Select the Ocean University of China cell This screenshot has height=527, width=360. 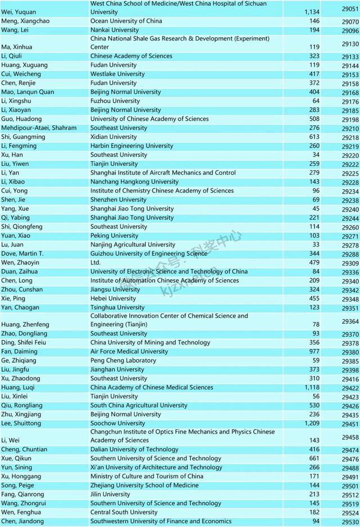pyautogui.click(x=126, y=21)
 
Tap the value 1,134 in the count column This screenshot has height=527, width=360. pyautogui.click(x=310, y=12)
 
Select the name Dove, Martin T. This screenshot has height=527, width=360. pyautogui.click(x=22, y=254)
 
